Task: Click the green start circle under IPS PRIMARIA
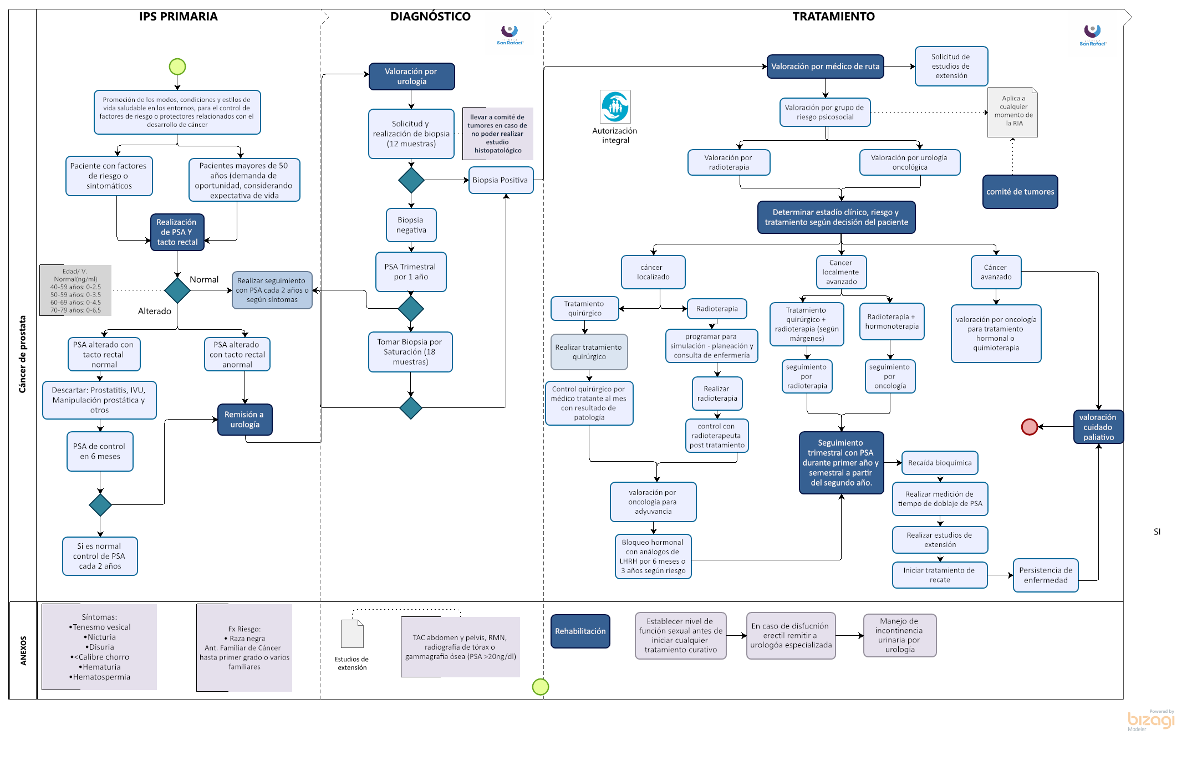click(x=177, y=67)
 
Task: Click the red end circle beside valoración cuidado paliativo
click(x=1029, y=427)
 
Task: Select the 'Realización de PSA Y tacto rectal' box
click(x=177, y=232)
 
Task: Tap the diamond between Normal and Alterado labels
click(x=177, y=290)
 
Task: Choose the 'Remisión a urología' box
click(x=244, y=420)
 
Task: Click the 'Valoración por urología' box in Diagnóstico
click(x=411, y=76)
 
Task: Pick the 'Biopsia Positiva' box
click(x=501, y=180)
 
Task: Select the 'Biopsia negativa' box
click(x=411, y=225)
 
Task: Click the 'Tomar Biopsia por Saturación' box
click(x=410, y=352)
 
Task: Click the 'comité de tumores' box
click(x=1020, y=192)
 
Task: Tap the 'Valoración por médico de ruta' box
click(x=825, y=67)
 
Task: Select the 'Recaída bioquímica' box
click(x=940, y=463)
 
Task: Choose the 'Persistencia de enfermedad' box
click(x=1046, y=575)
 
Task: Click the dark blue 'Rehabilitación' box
click(x=580, y=631)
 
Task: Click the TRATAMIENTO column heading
click(x=833, y=17)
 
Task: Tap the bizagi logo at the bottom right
click(x=1151, y=720)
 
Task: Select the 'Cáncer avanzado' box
click(x=996, y=272)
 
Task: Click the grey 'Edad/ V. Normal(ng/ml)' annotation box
click(x=75, y=290)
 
